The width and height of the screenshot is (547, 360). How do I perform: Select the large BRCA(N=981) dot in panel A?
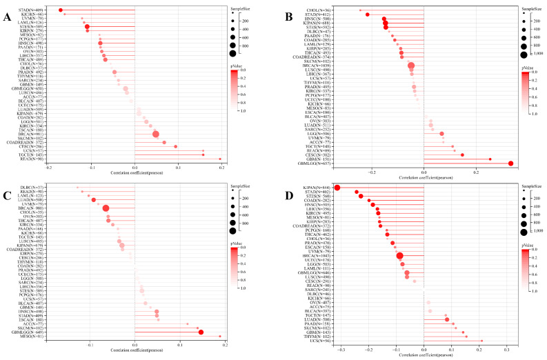pyautogui.click(x=155, y=134)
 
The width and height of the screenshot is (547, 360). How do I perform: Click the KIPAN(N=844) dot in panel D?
pyautogui.click(x=337, y=188)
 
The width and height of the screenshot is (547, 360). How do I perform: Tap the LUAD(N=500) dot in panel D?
pyautogui.click(x=447, y=319)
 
